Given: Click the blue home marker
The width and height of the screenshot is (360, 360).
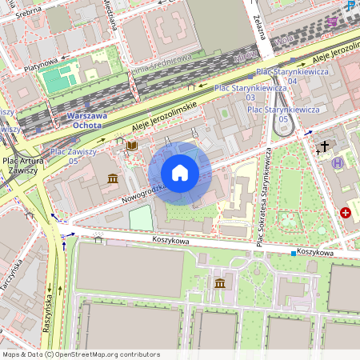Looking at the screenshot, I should (x=180, y=173).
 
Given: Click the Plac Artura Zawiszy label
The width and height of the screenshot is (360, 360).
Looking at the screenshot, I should (x=22, y=164).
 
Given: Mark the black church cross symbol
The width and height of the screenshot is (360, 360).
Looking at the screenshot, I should (x=324, y=146).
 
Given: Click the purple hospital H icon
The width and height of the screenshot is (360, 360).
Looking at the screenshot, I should (x=338, y=162).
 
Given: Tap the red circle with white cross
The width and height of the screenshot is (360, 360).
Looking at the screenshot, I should (x=346, y=213).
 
